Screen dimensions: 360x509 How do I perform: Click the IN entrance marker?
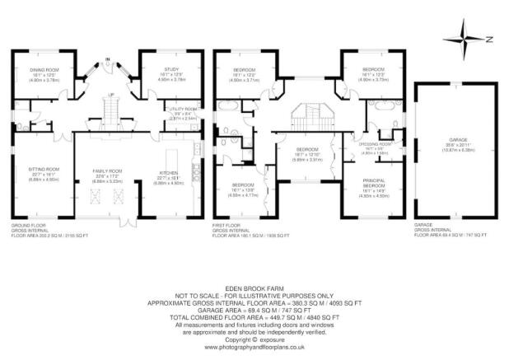[107, 59]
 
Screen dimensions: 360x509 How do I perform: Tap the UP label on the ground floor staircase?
[112, 96]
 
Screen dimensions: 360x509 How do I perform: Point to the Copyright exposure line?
[254, 339]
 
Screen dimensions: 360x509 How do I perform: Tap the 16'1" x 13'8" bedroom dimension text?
[243, 194]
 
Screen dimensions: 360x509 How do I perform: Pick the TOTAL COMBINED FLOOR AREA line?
[254, 316]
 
